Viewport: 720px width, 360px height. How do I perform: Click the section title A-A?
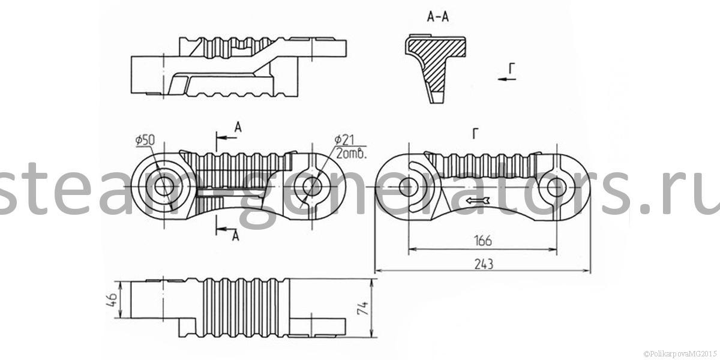click(x=437, y=17)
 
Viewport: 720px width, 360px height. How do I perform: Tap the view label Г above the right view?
click(x=475, y=135)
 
